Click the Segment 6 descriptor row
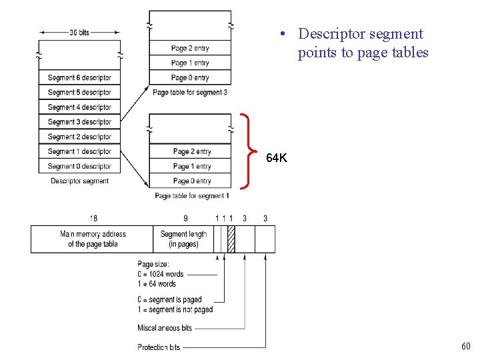[x=79, y=77]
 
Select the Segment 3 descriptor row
[x=79, y=122]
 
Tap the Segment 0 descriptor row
[x=79, y=166]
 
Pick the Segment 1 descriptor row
[x=79, y=151]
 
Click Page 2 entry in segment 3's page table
[x=190, y=48]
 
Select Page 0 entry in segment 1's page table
[x=191, y=181]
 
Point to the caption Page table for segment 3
[x=189, y=92]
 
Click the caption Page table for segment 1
[x=191, y=196]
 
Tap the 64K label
[x=277, y=159]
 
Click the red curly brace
[x=249, y=152]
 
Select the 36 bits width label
[x=79, y=32]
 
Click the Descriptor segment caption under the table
[x=79, y=181]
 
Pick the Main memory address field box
[x=93, y=239]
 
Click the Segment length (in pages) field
[x=183, y=239]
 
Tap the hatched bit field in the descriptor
[x=231, y=239]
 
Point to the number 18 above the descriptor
[x=93, y=218]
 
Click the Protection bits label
[x=159, y=347]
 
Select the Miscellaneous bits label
[x=165, y=328]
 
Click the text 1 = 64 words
[x=157, y=283]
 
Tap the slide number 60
[x=465, y=347]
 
